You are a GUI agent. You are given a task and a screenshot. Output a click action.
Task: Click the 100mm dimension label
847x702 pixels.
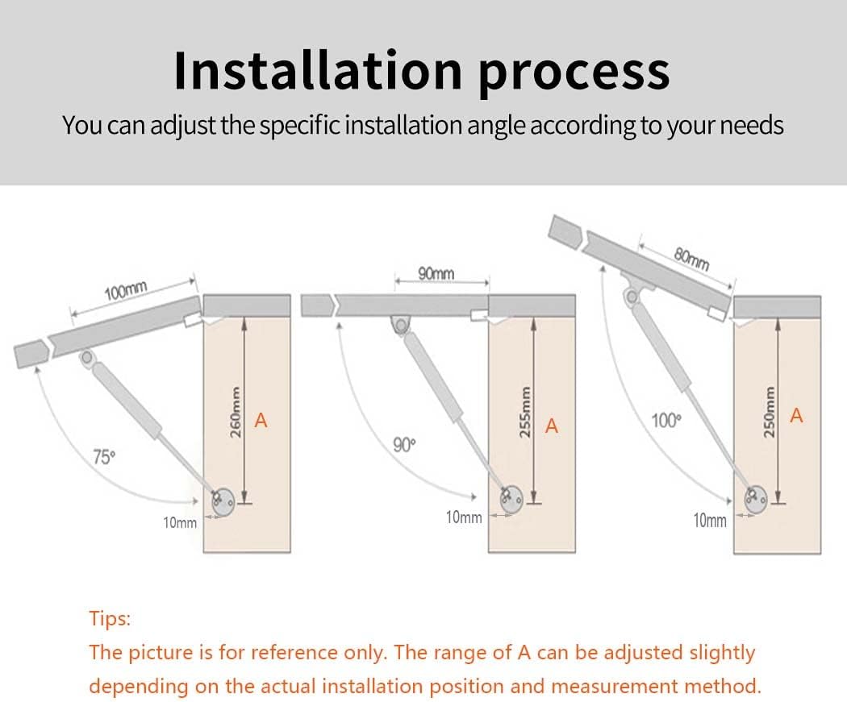coord(126,291)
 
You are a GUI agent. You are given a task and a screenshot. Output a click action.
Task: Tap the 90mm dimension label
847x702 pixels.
coord(436,273)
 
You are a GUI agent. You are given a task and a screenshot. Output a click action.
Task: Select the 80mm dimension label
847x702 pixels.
coord(691,259)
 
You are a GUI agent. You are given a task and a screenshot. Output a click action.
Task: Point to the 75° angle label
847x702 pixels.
coord(104,456)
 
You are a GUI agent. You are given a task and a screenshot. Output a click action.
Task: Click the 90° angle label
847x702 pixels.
coord(405,445)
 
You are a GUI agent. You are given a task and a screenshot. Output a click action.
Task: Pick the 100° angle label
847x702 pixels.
coord(666,420)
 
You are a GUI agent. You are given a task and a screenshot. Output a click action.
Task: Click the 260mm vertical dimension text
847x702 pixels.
coord(236,412)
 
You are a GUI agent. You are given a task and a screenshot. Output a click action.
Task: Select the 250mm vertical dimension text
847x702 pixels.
coord(770,412)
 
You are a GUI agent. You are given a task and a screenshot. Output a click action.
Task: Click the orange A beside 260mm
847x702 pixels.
coord(261,420)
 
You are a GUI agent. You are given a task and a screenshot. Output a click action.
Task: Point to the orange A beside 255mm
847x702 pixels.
coord(552,426)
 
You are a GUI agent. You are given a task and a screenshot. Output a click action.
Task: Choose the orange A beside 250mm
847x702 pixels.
coord(796,416)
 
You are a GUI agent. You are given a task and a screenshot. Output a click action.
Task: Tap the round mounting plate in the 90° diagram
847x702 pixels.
coord(511,500)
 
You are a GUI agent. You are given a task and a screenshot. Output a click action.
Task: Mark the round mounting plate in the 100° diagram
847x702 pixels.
coord(756,499)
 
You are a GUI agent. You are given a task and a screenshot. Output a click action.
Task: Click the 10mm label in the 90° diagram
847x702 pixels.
coord(464,517)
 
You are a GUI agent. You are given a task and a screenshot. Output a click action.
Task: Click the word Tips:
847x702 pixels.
coord(110,618)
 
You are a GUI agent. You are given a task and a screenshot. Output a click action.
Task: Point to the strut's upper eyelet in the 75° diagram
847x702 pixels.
coord(86,357)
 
